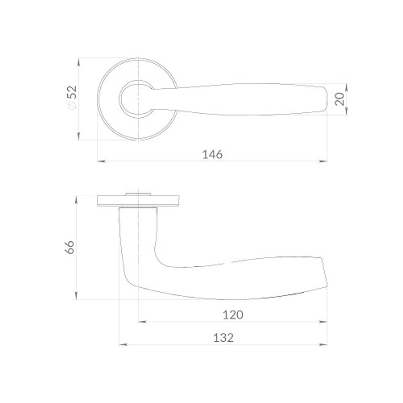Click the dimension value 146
click(212, 154)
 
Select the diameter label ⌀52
click(72, 97)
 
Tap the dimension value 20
click(339, 99)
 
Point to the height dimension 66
click(70, 247)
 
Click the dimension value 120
click(233, 315)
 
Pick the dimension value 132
click(224, 338)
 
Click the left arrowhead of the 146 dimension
click(101, 161)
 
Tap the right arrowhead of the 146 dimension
click(323, 161)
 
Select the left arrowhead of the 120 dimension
click(142, 322)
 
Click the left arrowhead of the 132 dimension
click(123, 345)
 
